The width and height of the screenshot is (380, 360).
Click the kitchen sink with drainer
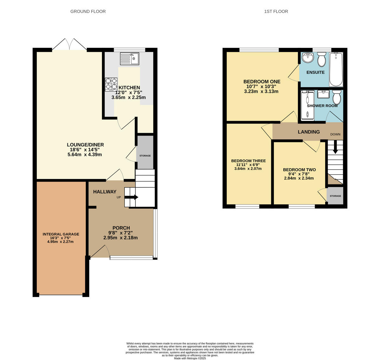tap(130, 59)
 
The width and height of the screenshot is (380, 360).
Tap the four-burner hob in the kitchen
tap(111, 84)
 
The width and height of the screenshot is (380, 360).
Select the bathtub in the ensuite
tap(336, 70)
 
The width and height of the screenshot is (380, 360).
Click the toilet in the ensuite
tap(321, 60)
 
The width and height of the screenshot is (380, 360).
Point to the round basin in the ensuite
tap(307, 58)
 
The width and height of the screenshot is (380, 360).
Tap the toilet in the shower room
tap(336, 97)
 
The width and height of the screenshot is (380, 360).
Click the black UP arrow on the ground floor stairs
tap(131, 197)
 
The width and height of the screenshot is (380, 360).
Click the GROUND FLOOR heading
tap(88, 11)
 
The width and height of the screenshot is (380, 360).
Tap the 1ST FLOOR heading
tap(276, 11)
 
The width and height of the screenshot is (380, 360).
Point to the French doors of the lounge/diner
tap(69, 45)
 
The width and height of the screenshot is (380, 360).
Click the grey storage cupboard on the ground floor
tap(145, 152)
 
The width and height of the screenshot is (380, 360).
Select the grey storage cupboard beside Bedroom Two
tap(335, 196)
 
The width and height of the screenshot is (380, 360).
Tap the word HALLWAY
tap(105, 192)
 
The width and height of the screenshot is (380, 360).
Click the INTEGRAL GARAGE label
tap(61, 234)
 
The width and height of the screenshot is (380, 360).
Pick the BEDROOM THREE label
tap(248, 161)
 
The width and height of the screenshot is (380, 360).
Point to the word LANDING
tap(309, 132)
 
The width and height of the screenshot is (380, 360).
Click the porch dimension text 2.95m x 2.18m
tap(121, 238)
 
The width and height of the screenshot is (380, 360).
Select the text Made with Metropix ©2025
tap(190, 358)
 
